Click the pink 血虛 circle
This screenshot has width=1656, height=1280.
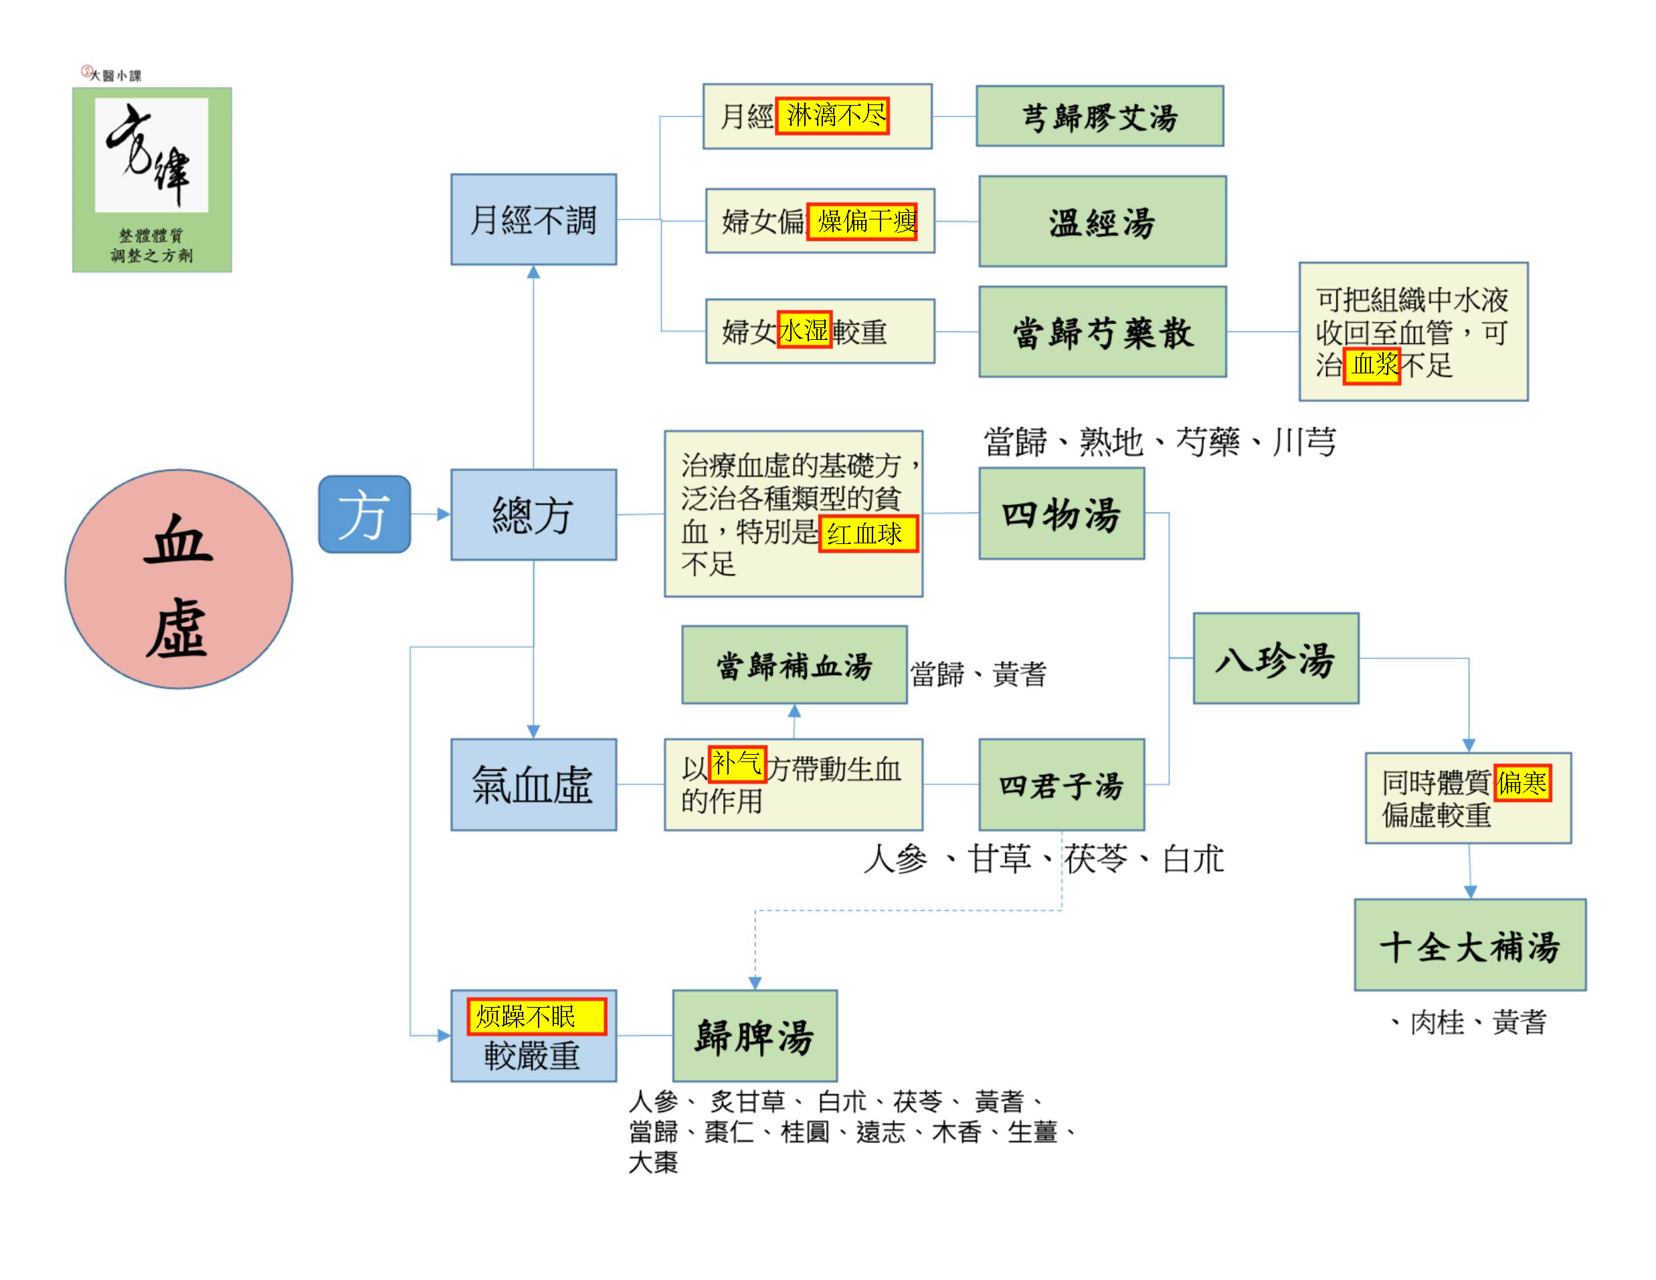click(x=178, y=579)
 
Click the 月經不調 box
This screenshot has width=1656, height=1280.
click(x=533, y=219)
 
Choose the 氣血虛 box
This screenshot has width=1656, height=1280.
click(x=533, y=784)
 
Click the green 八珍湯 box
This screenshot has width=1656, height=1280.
click(x=1275, y=658)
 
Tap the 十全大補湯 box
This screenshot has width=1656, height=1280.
click(x=1469, y=944)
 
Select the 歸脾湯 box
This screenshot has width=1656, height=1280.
click(x=755, y=1035)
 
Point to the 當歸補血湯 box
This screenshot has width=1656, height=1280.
click(x=794, y=664)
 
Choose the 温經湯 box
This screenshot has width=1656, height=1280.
click(x=1102, y=221)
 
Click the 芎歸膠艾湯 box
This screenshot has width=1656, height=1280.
click(x=1099, y=116)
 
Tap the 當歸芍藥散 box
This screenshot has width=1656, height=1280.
click(x=1102, y=331)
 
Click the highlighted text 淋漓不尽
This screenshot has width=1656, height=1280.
click(x=832, y=116)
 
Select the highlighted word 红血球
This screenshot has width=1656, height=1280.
click(x=867, y=534)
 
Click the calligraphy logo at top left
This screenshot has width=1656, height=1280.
click(x=152, y=179)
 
